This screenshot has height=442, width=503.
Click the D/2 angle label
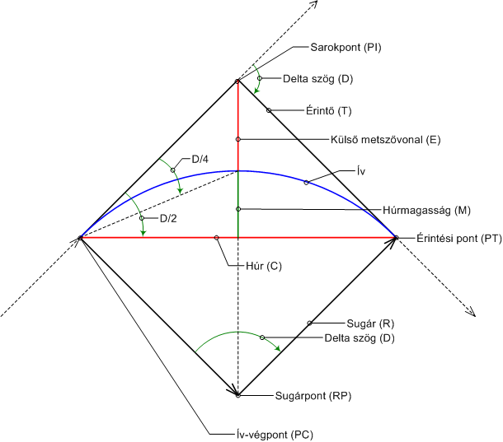click(x=168, y=218)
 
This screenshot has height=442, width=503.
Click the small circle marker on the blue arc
click(x=306, y=182)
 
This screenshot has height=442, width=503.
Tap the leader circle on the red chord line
click(x=216, y=238)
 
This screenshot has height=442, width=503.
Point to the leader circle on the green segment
click(x=237, y=209)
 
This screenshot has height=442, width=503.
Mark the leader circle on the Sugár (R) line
click(x=309, y=323)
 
